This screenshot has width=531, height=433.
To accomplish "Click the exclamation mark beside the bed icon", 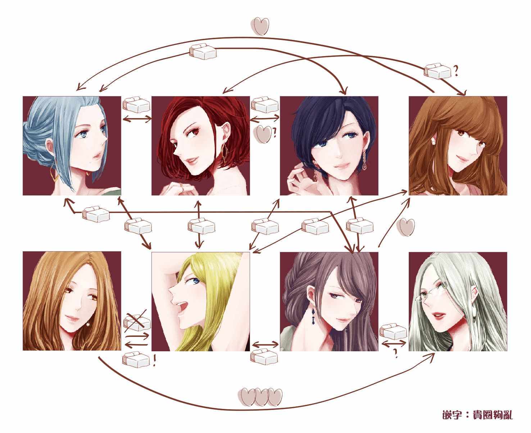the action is click(155, 361).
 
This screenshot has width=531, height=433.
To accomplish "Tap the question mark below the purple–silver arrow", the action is click(395, 353).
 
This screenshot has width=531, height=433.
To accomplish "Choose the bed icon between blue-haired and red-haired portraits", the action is click(136, 105).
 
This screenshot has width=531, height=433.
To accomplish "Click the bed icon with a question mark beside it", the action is click(437, 71).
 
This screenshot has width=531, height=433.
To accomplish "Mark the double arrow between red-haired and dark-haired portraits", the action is click(265, 120).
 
